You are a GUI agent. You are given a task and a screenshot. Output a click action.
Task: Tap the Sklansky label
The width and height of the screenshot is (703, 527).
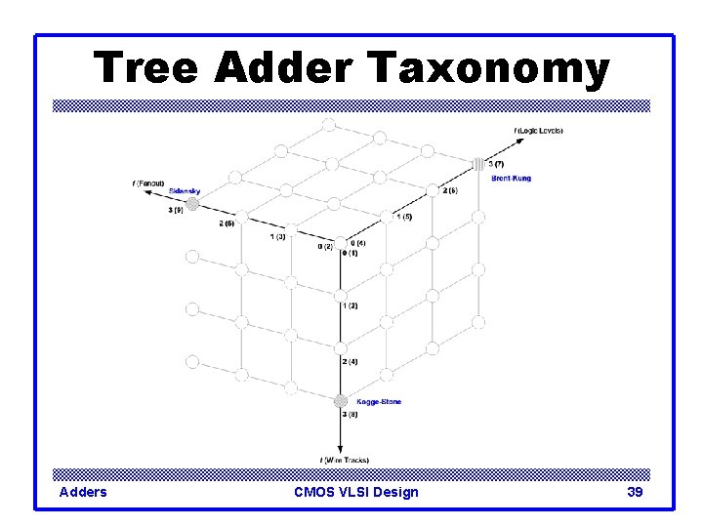point(185,190)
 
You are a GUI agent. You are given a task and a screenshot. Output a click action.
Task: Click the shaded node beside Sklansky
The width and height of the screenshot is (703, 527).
point(193,204)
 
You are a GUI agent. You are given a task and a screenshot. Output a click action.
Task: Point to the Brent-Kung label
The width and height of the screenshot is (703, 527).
point(512,178)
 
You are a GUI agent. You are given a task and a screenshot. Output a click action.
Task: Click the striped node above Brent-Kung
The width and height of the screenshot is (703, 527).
point(478,164)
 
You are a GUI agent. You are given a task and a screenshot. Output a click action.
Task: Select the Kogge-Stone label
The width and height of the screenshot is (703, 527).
point(379,401)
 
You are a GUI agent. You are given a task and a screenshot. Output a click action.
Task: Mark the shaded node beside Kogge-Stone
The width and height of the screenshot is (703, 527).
point(340,401)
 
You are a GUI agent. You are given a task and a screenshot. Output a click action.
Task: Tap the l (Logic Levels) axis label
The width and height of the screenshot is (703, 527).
point(538,130)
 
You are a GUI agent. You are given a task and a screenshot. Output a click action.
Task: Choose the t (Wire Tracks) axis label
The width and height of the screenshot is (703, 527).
point(345,460)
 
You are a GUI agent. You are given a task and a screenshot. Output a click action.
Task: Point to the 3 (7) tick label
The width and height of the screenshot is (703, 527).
point(496,164)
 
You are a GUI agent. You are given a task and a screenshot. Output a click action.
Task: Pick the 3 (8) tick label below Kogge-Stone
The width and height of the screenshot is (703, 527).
point(351,415)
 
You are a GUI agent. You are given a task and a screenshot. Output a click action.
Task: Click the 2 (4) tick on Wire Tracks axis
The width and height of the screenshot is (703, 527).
point(351,361)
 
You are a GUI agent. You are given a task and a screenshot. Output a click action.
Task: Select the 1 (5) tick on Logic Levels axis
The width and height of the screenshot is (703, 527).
point(403,216)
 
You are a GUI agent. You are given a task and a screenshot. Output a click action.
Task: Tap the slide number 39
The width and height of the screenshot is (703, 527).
point(635,492)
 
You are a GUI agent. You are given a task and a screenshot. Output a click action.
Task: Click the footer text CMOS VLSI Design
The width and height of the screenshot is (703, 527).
point(355,492)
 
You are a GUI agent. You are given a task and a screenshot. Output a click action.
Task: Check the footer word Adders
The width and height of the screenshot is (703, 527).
point(83,492)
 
